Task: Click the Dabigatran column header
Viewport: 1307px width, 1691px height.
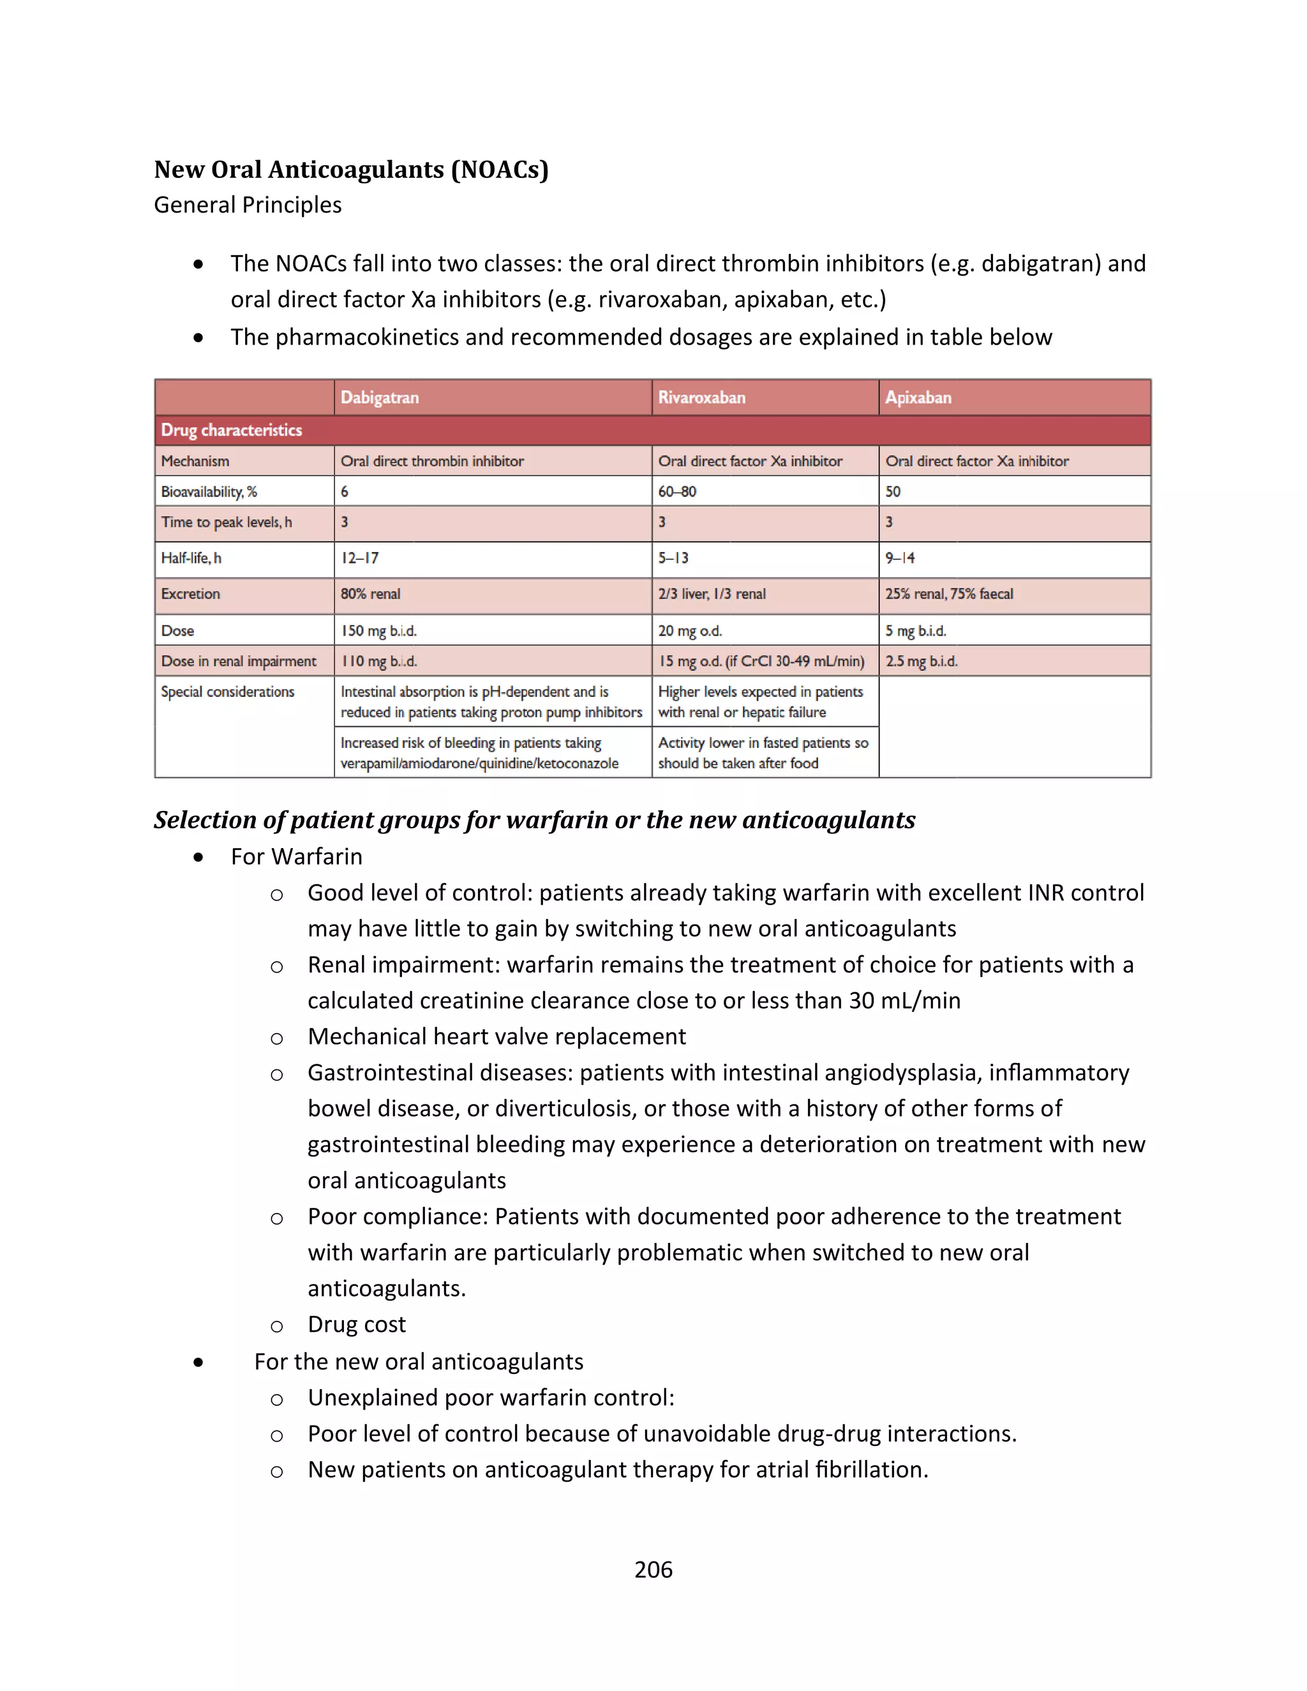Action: click(x=380, y=397)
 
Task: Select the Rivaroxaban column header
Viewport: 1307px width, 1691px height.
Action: click(x=701, y=397)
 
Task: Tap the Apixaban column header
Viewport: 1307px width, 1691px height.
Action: click(x=918, y=397)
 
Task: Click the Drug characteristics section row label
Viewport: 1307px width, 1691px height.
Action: click(x=232, y=429)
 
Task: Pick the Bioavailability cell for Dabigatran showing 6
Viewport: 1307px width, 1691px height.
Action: click(x=345, y=491)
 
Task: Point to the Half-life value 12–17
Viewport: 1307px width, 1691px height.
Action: click(x=359, y=558)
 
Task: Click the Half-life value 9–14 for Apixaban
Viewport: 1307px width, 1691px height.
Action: click(x=900, y=558)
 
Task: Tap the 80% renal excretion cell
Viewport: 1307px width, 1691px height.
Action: click(x=370, y=594)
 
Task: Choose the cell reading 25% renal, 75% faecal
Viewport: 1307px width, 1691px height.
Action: click(x=948, y=594)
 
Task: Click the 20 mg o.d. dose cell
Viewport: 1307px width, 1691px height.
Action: click(x=690, y=631)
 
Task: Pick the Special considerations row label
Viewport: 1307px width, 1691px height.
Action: click(x=228, y=692)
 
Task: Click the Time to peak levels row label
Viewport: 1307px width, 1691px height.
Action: click(x=226, y=523)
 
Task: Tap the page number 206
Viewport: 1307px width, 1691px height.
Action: click(x=653, y=1570)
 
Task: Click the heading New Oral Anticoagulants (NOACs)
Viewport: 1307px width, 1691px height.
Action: click(x=351, y=170)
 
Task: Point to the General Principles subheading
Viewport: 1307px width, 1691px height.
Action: click(x=248, y=205)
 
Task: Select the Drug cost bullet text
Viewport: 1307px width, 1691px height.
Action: click(x=356, y=1324)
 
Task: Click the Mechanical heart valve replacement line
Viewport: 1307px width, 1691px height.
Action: click(x=497, y=1036)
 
